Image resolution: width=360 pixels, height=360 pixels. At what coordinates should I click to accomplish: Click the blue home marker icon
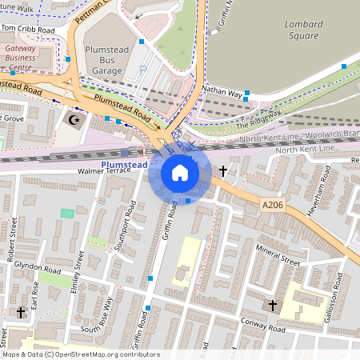click(x=180, y=173)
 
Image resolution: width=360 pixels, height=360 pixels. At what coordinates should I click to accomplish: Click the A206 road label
click(x=274, y=206)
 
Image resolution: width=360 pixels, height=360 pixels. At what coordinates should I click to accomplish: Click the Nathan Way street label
click(x=222, y=93)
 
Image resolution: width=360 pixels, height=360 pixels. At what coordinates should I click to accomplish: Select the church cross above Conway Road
click(x=272, y=306)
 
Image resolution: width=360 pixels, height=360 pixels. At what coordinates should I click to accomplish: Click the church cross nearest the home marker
click(x=223, y=171)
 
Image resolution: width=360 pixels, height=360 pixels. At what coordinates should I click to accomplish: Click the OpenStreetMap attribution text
click(x=80, y=354)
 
